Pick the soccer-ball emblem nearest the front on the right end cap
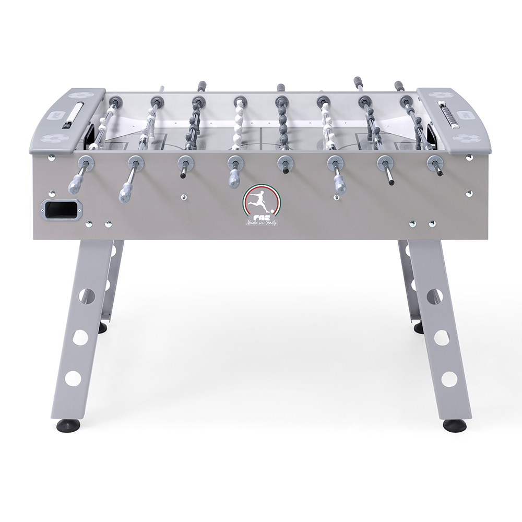(464, 139)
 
